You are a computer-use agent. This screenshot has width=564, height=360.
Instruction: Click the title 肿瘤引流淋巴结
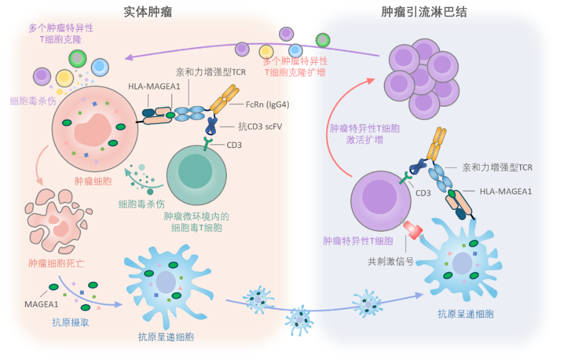point(424,11)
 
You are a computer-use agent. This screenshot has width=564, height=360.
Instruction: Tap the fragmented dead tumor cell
point(55,217)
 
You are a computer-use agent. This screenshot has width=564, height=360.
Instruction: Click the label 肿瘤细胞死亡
point(54,264)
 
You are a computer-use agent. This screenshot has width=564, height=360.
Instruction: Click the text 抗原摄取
point(67,322)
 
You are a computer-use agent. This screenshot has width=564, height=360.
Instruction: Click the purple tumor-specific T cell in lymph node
point(378,203)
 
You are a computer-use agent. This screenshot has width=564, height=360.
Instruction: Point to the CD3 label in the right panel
point(423,193)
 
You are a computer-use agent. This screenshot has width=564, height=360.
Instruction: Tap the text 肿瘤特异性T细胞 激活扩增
point(364,134)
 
